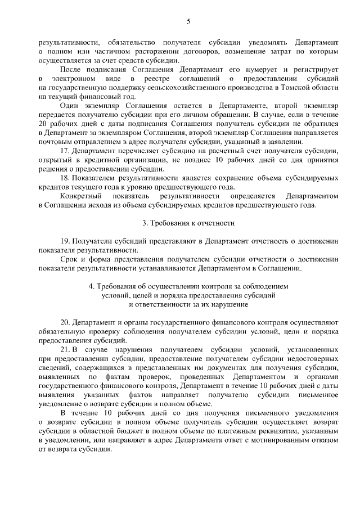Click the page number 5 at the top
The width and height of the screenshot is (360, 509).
(188, 21)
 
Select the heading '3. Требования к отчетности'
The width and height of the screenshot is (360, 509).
(188, 223)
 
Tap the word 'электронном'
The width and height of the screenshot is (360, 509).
(78, 79)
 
